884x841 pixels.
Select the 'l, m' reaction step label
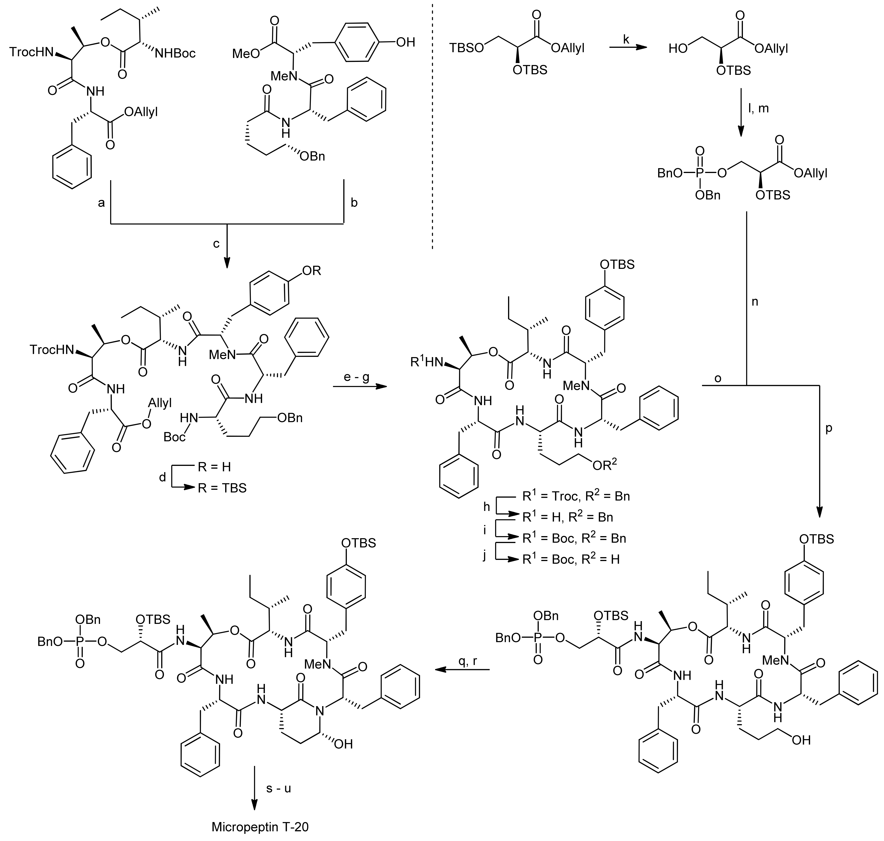(758, 108)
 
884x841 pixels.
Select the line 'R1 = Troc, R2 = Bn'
(575, 496)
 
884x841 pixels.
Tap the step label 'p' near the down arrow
(828, 428)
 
